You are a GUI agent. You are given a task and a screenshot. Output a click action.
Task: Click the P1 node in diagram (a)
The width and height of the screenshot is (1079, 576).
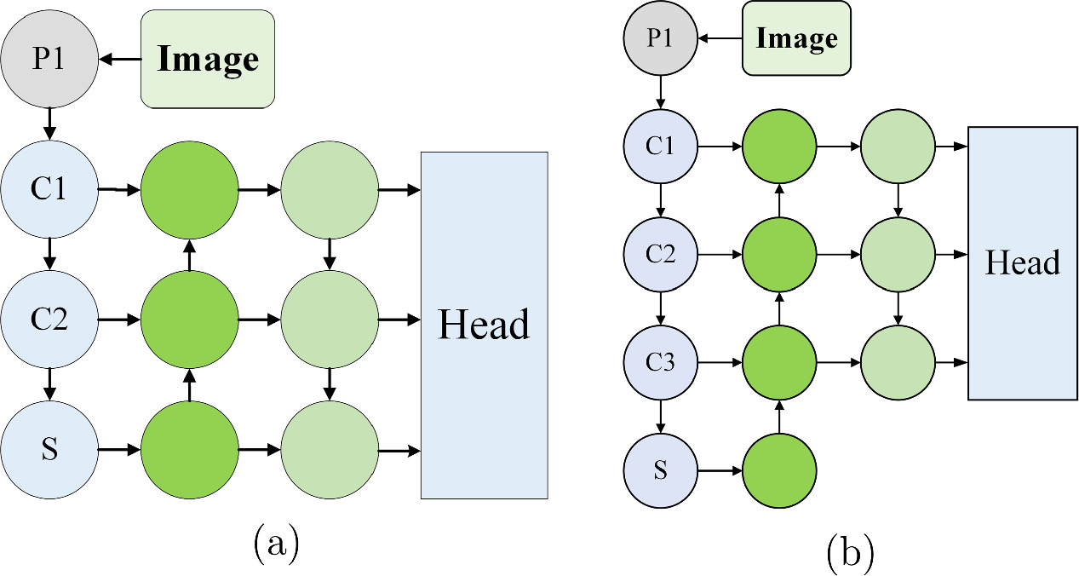(49, 60)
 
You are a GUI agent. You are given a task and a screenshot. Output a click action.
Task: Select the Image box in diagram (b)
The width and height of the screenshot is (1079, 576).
(796, 38)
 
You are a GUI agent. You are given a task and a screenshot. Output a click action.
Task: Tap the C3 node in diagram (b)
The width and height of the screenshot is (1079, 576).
(660, 362)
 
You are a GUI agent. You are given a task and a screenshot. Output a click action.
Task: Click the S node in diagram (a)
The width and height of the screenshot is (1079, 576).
(49, 449)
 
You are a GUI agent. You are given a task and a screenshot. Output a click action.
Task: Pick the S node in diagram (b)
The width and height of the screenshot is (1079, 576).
(660, 469)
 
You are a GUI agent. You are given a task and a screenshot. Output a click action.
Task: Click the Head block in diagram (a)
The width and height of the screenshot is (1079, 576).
(484, 325)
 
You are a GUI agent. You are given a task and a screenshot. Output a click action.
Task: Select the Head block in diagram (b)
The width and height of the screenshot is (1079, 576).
(1022, 263)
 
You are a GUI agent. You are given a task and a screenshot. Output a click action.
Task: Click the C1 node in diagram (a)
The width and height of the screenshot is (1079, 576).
(49, 188)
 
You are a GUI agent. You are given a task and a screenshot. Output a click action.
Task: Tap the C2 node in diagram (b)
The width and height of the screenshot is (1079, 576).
(660, 254)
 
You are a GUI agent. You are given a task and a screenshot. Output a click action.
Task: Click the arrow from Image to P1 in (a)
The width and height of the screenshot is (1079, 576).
(119, 60)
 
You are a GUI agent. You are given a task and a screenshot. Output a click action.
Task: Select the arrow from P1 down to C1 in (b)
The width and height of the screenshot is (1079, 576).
(660, 90)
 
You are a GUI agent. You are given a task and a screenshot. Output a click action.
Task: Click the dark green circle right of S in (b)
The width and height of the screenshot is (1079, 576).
(779, 469)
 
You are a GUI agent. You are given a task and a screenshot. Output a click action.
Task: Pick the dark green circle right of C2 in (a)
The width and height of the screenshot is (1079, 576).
(189, 320)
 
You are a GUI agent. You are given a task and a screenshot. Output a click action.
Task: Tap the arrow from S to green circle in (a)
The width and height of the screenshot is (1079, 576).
(119, 449)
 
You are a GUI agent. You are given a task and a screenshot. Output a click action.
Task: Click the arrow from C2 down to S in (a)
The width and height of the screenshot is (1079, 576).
(49, 383)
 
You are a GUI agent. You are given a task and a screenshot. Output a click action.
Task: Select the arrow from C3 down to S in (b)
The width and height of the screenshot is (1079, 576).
(660, 416)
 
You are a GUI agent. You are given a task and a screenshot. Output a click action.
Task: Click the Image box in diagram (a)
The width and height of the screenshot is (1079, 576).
(207, 59)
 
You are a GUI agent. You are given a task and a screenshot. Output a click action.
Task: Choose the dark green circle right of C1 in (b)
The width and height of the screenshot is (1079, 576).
(779, 146)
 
